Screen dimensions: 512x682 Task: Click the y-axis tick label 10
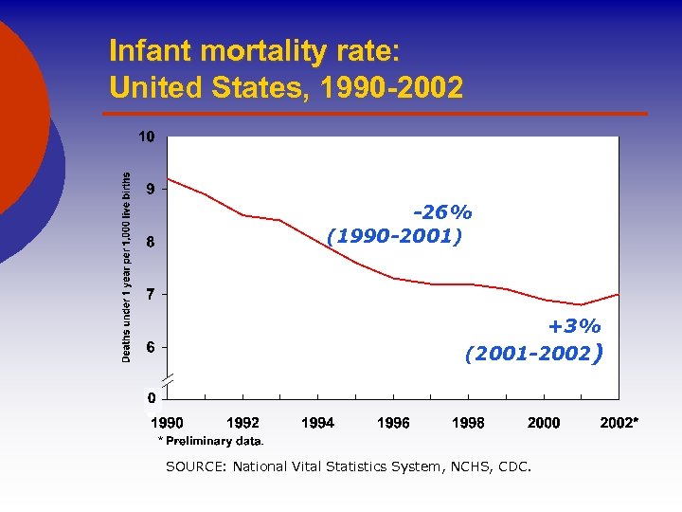147,137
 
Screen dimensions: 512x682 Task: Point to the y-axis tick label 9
151,189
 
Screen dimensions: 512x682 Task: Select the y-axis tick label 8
151,242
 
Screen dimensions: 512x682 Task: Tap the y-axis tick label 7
151,294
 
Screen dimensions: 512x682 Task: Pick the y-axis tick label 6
151,347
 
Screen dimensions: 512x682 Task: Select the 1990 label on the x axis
168,423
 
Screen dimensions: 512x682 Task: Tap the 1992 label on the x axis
242,423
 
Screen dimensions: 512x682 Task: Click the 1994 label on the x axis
317,423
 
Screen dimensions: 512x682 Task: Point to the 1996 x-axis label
393,423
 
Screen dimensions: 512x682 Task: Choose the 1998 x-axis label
468,423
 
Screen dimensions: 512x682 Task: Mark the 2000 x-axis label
544,423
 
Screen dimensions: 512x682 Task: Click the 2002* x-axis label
619,423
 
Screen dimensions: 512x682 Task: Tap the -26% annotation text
441,211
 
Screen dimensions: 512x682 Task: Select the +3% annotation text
574,327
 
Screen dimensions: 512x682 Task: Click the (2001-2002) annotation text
533,355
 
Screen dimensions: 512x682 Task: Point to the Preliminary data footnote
213,441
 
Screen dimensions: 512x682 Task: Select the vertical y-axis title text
127,265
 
